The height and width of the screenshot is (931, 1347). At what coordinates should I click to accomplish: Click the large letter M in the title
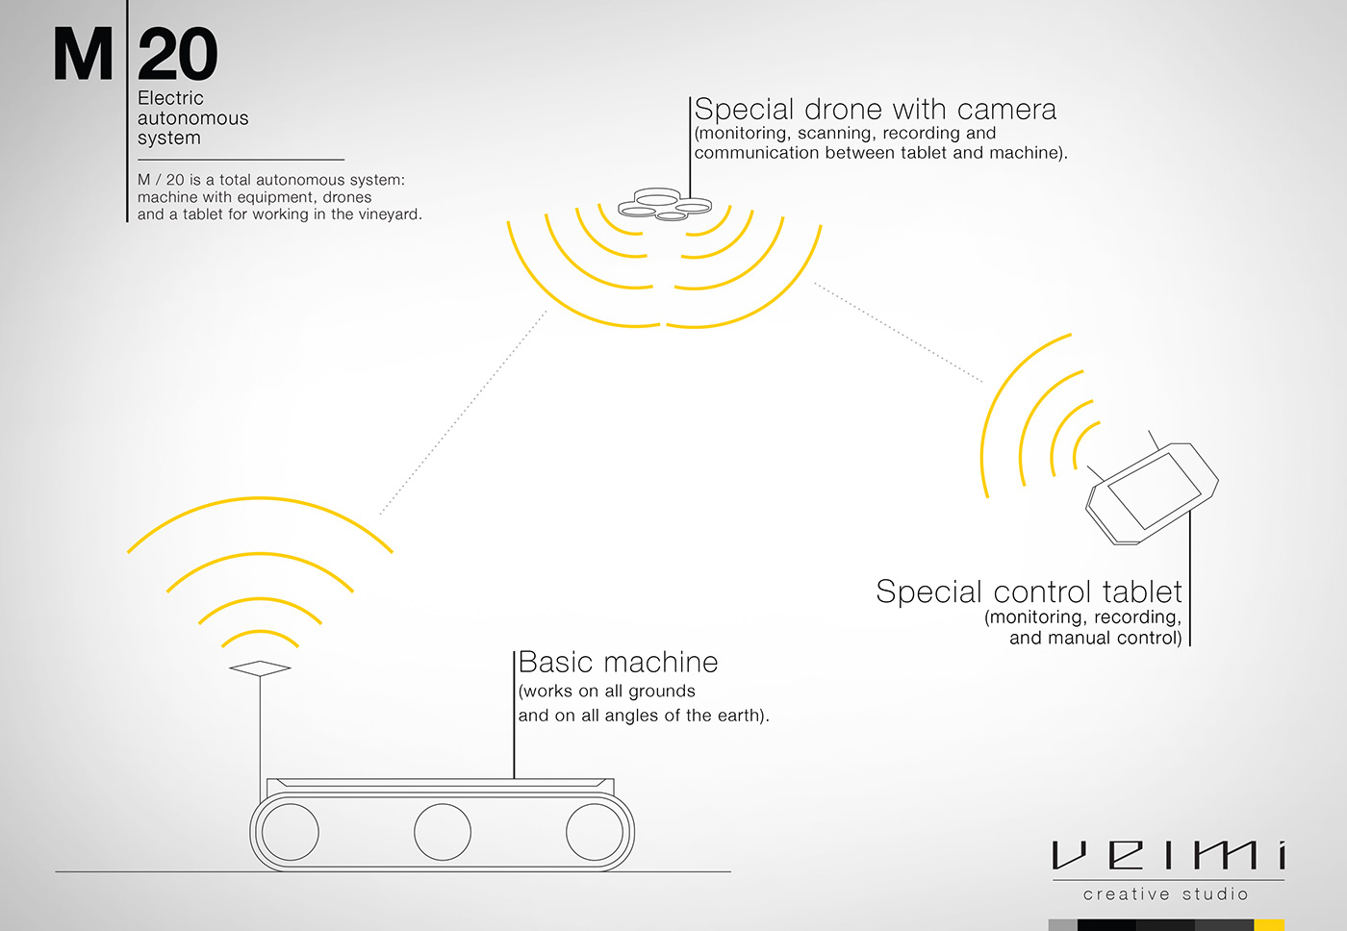click(x=83, y=56)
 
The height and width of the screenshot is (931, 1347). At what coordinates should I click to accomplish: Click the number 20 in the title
click(x=178, y=56)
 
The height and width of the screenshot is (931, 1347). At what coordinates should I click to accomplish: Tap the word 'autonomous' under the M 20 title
click(x=192, y=118)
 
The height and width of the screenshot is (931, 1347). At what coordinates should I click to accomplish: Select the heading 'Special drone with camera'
click(x=875, y=110)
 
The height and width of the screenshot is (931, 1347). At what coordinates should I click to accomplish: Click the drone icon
click(x=664, y=204)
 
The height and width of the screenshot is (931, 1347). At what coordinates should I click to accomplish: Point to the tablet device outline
click(x=1153, y=492)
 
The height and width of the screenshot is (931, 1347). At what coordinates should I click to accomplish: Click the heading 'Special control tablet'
click(x=1029, y=591)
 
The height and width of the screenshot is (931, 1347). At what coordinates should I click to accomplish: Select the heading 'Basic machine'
click(x=618, y=663)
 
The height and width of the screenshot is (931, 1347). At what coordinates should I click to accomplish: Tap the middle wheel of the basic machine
click(x=443, y=832)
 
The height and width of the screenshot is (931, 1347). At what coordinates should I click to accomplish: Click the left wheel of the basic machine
click(x=290, y=832)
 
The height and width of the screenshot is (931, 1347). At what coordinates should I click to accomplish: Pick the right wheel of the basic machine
click(x=595, y=832)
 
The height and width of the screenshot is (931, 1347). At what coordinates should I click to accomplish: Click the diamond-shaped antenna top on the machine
click(x=260, y=667)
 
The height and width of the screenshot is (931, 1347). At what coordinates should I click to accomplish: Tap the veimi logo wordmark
click(x=1168, y=855)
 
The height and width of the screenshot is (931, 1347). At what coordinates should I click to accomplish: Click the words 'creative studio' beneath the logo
click(x=1166, y=894)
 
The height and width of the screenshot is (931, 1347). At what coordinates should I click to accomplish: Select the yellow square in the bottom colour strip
click(x=1269, y=925)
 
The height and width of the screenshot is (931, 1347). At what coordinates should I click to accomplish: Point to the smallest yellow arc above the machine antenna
click(x=260, y=634)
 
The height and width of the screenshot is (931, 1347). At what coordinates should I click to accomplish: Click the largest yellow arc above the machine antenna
click(x=260, y=500)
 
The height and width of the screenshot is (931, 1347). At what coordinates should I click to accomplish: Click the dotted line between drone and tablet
click(x=898, y=333)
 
